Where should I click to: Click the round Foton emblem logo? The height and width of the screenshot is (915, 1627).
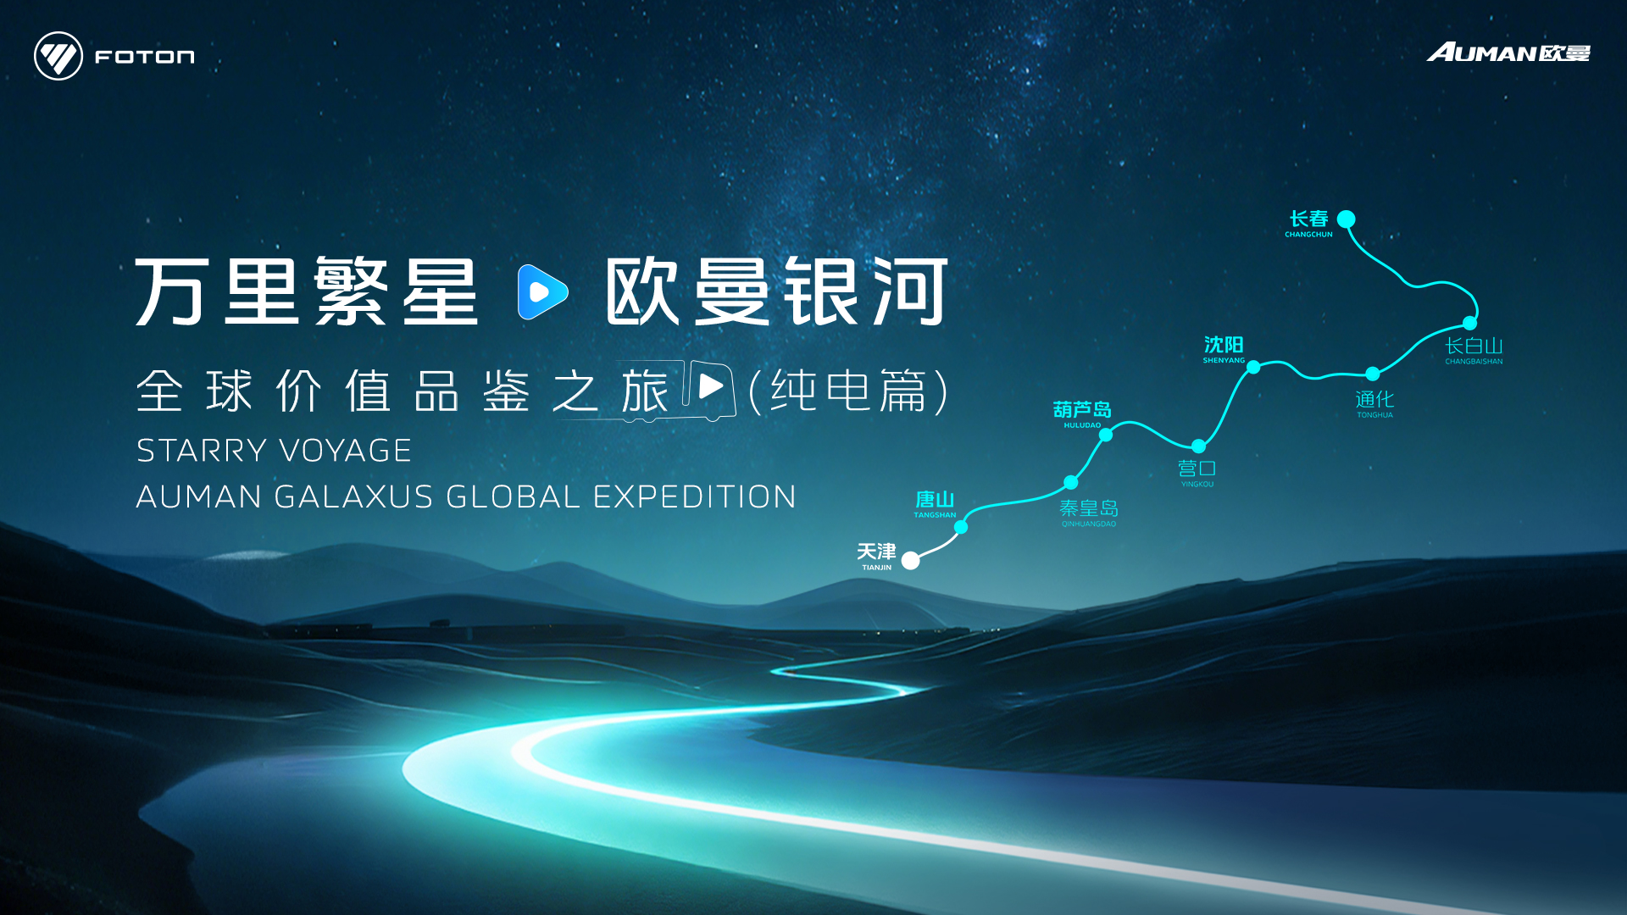(x=58, y=56)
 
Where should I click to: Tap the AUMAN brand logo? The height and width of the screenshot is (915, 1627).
(x=1508, y=53)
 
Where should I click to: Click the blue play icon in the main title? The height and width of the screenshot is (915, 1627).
(x=542, y=291)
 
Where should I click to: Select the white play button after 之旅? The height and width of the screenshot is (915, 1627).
(x=710, y=387)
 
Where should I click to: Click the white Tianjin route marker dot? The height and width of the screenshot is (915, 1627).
(x=910, y=560)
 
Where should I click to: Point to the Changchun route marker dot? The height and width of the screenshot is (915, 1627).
(x=1346, y=219)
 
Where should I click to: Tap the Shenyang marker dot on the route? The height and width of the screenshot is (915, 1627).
(x=1253, y=367)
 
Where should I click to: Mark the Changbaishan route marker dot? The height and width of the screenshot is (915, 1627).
(x=1470, y=323)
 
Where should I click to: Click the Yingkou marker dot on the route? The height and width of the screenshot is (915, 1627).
(x=1198, y=446)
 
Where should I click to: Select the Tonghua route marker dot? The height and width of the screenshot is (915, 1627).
(x=1373, y=374)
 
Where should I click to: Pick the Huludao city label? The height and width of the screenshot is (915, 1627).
(x=1082, y=414)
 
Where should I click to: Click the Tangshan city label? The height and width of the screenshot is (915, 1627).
(x=935, y=504)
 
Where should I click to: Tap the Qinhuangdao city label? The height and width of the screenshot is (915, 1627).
(x=1089, y=513)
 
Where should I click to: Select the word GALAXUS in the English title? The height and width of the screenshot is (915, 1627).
(x=355, y=496)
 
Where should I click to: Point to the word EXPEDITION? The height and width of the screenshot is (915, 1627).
(x=695, y=496)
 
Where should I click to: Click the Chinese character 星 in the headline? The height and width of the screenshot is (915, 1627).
(x=441, y=291)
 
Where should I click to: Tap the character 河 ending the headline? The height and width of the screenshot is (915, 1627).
(x=911, y=291)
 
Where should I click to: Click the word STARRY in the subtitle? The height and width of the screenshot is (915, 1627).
(x=203, y=451)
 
